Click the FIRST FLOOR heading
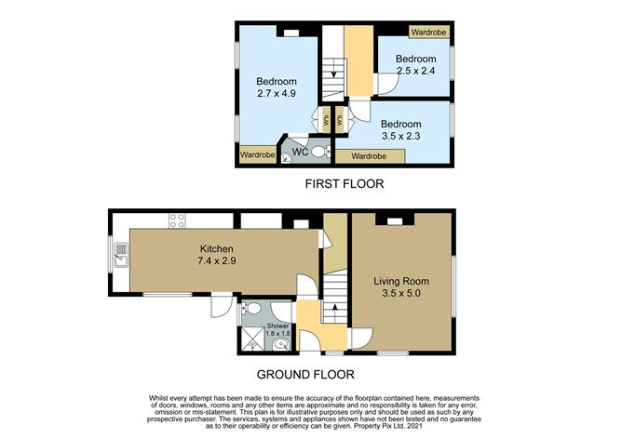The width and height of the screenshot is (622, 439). pos(345,184)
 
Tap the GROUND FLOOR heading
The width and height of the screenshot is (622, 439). pos(305,375)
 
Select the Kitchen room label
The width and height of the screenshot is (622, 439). pos(216,249)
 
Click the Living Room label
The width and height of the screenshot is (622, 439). pos(401,281)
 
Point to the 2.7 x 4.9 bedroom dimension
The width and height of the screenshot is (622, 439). pos(277,94)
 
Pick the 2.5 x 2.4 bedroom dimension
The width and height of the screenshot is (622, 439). pos(415,71)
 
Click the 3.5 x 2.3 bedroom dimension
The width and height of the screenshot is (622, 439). pos(401,136)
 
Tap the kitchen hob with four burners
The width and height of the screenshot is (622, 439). pos(177,220)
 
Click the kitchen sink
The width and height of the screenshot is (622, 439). pos(121,255)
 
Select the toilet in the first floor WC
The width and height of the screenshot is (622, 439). pos(321,152)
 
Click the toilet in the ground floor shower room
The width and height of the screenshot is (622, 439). pos(250,308)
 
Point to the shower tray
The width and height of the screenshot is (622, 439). pos(253,339)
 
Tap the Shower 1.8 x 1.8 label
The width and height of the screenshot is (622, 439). pos(277,329)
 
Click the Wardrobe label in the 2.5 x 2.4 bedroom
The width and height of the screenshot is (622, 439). pos(428,33)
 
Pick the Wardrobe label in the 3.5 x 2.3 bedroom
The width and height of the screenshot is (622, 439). pos(369,156)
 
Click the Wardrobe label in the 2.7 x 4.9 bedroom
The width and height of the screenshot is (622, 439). pos(257,154)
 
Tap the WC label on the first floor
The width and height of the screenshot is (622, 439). pos(300,153)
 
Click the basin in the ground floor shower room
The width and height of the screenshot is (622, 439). pos(282,345)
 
